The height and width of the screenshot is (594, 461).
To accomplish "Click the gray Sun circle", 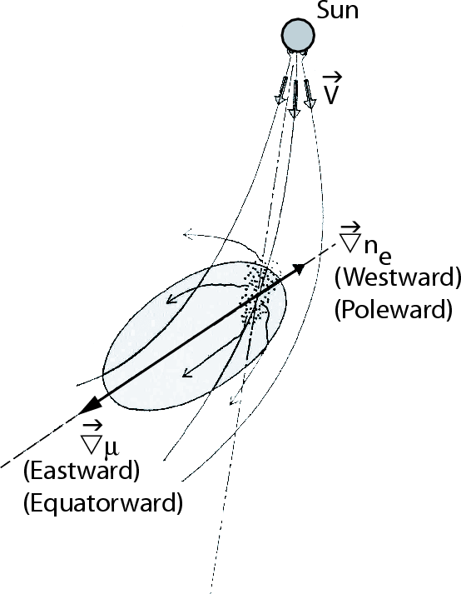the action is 298,34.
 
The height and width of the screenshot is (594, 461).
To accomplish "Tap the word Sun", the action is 337,10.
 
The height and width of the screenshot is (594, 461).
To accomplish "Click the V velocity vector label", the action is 331,89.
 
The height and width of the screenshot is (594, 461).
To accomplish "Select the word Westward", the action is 398,277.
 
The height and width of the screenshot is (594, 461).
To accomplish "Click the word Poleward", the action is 394,310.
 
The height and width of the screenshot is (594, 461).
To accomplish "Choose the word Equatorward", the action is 103,503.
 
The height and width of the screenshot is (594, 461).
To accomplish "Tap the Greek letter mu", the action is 111,447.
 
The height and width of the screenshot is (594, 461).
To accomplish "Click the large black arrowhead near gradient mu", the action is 90,407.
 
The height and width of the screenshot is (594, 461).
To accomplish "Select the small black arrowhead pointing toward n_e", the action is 299,268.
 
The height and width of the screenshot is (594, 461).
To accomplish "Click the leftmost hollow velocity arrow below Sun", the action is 281,90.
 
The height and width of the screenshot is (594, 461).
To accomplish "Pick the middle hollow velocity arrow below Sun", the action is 294,98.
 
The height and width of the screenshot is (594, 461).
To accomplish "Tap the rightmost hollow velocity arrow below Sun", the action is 310,94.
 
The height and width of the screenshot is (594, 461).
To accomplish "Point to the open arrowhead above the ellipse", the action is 188,234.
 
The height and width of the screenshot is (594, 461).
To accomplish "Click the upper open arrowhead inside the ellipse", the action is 172,298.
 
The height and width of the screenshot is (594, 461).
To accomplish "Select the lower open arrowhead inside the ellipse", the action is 188,372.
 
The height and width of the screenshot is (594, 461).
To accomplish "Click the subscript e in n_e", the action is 384,257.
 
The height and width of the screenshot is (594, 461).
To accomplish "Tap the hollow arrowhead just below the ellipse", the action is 235,399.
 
